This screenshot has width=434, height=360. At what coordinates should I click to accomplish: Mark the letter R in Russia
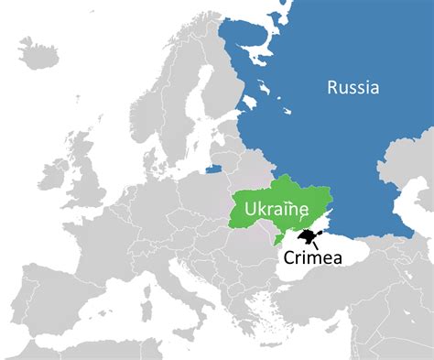tap(333, 88)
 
